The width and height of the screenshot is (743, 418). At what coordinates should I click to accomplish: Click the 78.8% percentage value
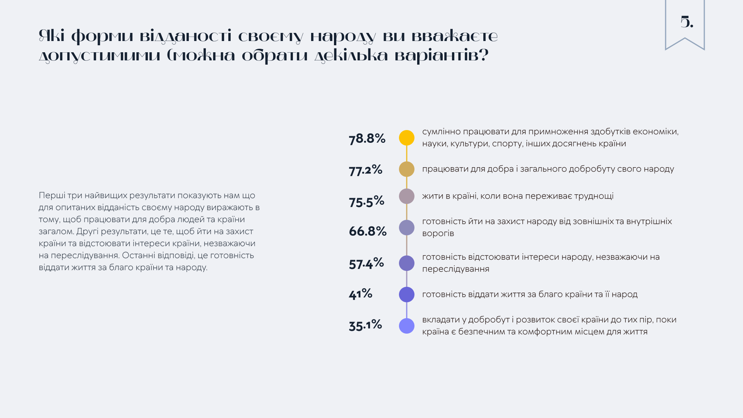click(x=367, y=138)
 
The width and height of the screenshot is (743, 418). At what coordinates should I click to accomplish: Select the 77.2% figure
click(x=365, y=170)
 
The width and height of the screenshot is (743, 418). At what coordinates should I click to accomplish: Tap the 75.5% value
click(x=366, y=201)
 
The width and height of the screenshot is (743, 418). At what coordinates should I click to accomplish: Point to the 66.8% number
click(x=368, y=231)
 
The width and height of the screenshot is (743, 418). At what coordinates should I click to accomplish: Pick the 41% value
click(x=360, y=294)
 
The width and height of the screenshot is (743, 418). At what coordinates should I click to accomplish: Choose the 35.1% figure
click(x=365, y=325)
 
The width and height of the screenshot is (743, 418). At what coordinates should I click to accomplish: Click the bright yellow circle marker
click(x=407, y=138)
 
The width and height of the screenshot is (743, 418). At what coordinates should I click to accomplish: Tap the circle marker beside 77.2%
click(x=407, y=169)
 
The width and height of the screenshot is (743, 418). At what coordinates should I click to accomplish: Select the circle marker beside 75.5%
click(x=407, y=196)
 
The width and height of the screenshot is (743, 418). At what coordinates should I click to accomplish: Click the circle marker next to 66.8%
click(x=407, y=228)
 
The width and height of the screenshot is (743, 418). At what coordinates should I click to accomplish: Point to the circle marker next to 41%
click(x=407, y=295)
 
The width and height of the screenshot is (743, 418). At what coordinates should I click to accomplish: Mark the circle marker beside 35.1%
click(x=407, y=326)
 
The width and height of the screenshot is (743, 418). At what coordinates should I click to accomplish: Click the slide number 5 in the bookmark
click(x=687, y=22)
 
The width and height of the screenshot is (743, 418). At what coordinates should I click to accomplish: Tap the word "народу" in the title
click(x=343, y=36)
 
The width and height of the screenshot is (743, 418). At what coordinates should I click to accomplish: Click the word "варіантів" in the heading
click(x=441, y=56)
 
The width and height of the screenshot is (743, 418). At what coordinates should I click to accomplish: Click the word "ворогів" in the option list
click(x=438, y=233)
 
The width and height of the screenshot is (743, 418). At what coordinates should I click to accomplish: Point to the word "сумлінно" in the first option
click(x=441, y=132)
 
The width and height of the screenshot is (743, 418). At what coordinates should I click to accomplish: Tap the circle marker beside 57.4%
click(x=407, y=263)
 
